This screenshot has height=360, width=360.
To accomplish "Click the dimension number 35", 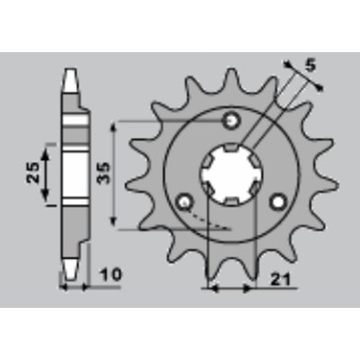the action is (x=103, y=174).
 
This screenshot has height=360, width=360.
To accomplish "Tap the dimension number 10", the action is (x=112, y=274).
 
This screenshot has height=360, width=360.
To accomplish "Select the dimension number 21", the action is (x=281, y=280).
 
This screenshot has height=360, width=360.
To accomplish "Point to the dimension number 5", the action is (x=310, y=67).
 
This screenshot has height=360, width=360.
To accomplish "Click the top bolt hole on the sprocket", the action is (x=230, y=121).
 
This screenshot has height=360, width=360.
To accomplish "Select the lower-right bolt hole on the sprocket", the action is (x=278, y=202).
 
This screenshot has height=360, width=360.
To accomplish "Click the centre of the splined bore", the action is (x=231, y=174).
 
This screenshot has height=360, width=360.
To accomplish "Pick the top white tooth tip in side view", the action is (x=72, y=80).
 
